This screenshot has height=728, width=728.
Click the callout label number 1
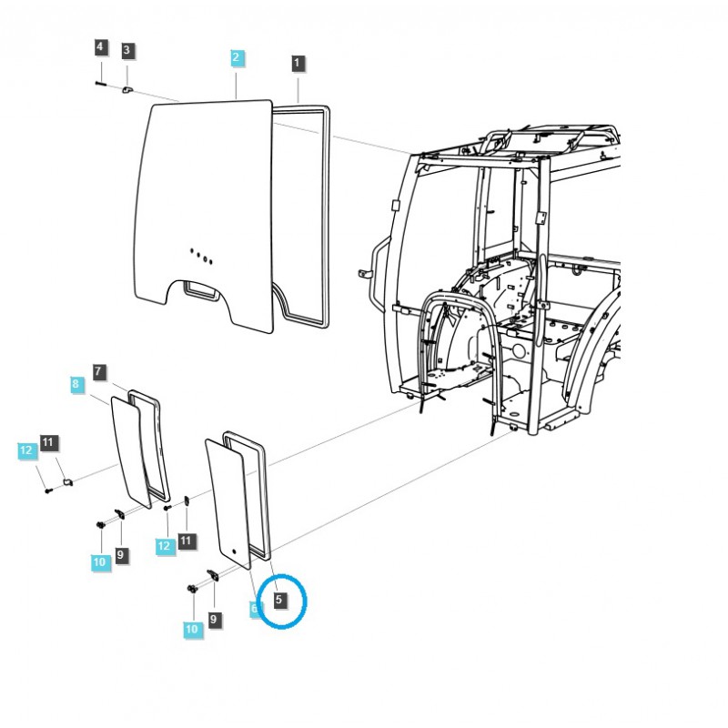pyautogui.click(x=298, y=63)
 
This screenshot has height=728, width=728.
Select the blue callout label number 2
pyautogui.click(x=236, y=58)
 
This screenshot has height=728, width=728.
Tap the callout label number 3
pyautogui.click(x=126, y=50)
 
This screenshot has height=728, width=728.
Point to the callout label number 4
pyautogui.click(x=100, y=47)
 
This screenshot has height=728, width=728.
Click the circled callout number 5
pyautogui.click(x=279, y=600)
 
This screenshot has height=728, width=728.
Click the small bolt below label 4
pyautogui.click(x=100, y=84)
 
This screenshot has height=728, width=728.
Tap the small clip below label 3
pyautogui.click(x=127, y=89)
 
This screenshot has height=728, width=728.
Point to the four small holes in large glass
pyautogui.click(x=200, y=255)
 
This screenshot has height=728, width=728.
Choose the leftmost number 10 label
pyautogui.click(x=100, y=562)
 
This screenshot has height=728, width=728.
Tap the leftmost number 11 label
pyautogui.click(x=49, y=443)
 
